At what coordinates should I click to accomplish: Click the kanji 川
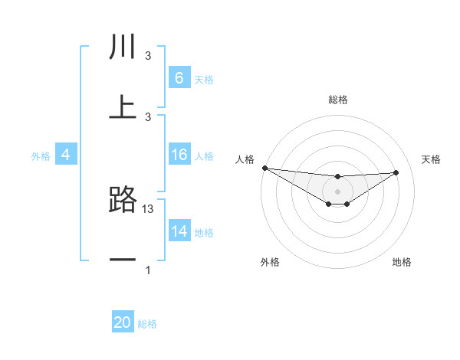tap(123, 47)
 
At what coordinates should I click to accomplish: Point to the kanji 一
tap(123, 260)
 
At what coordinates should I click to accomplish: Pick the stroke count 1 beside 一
tap(148, 270)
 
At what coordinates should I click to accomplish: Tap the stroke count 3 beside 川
tap(148, 56)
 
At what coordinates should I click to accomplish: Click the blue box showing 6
tap(179, 77)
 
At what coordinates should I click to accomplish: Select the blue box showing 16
tap(179, 155)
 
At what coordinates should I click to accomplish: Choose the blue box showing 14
tap(179, 231)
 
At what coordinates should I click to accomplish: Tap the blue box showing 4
tap(65, 155)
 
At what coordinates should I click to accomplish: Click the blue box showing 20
tap(123, 322)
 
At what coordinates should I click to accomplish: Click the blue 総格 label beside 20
tap(147, 324)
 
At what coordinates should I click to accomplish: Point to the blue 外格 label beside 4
tap(41, 156)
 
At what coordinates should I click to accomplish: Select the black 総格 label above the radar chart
tap(338, 100)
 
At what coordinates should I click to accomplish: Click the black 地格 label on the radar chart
tap(402, 262)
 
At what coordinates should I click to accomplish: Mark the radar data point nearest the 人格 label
tap(264, 168)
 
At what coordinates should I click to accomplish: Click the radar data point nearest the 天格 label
tap(396, 172)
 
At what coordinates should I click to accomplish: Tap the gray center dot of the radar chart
tap(337, 191)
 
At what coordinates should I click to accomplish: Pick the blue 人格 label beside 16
tap(204, 156)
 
